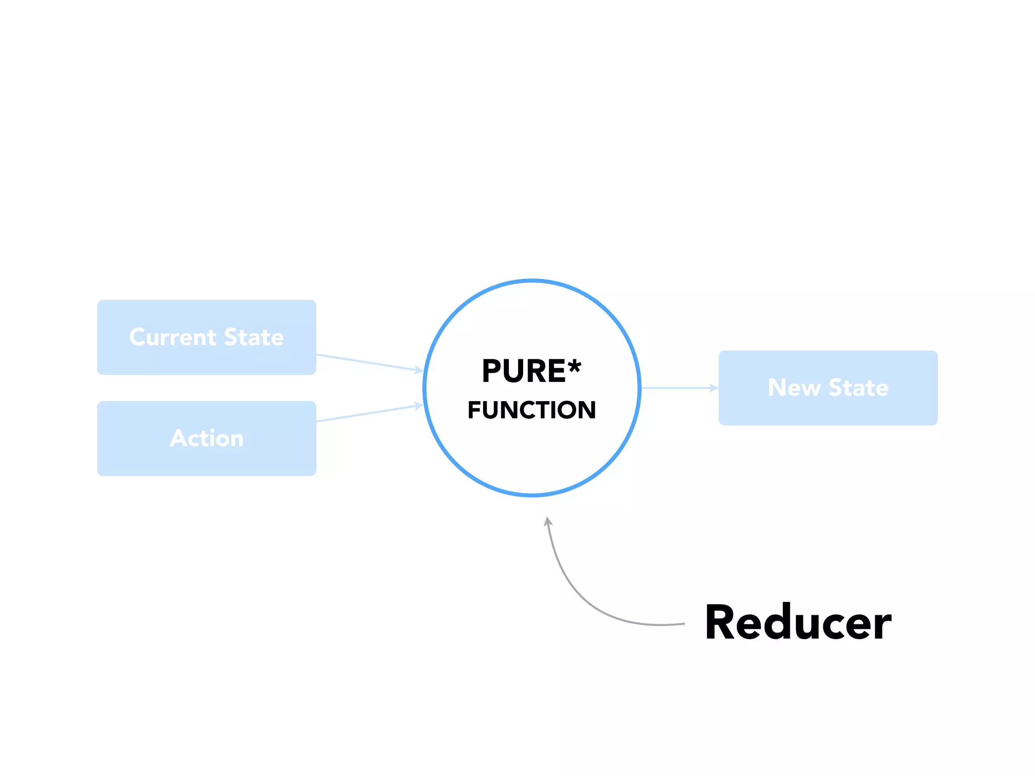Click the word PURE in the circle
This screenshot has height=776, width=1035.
pyautogui.click(x=524, y=371)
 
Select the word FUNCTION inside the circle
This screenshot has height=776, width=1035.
pyautogui.click(x=532, y=410)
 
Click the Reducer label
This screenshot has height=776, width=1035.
pyautogui.click(x=798, y=623)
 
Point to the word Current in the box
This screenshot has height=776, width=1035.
pyautogui.click(x=173, y=337)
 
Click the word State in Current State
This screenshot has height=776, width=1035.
pyautogui.click(x=254, y=337)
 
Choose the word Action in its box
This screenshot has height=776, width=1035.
pyautogui.click(x=207, y=438)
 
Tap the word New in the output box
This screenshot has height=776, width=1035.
pyautogui.click(x=794, y=388)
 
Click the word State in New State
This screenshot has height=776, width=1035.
pyautogui.click(x=858, y=388)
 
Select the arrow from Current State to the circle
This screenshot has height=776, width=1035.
pyautogui.click(x=369, y=362)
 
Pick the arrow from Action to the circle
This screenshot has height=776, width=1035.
pyautogui.click(x=369, y=413)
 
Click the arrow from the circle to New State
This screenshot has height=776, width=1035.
pyautogui.click(x=677, y=388)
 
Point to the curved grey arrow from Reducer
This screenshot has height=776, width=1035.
pyautogui.click(x=581, y=596)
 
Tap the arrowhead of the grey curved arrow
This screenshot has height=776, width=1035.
pyautogui.click(x=548, y=521)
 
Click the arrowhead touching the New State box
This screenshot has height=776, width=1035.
pyautogui.click(x=714, y=388)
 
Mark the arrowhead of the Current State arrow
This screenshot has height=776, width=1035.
pyautogui.click(x=418, y=370)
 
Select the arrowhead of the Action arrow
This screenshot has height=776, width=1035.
pyautogui.click(x=418, y=405)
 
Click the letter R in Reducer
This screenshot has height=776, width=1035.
pyautogui.click(x=721, y=623)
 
